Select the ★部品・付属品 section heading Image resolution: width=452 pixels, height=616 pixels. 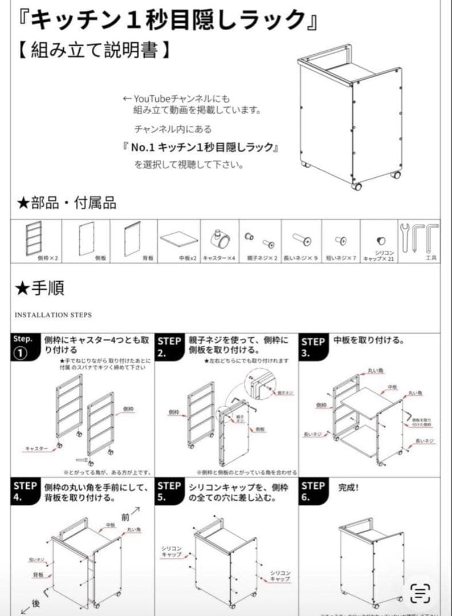[x=67, y=203]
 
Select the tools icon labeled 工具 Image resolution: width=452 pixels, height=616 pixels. [x=420, y=237]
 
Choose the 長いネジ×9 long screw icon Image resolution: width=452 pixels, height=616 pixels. [x=300, y=238]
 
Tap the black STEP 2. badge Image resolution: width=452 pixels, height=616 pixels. [x=169, y=347]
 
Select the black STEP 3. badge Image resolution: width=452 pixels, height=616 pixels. [x=313, y=347]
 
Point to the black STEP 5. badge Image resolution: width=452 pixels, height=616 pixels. [x=169, y=492]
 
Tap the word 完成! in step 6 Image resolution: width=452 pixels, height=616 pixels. [x=349, y=488]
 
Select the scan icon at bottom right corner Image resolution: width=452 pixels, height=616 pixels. [x=421, y=593]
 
